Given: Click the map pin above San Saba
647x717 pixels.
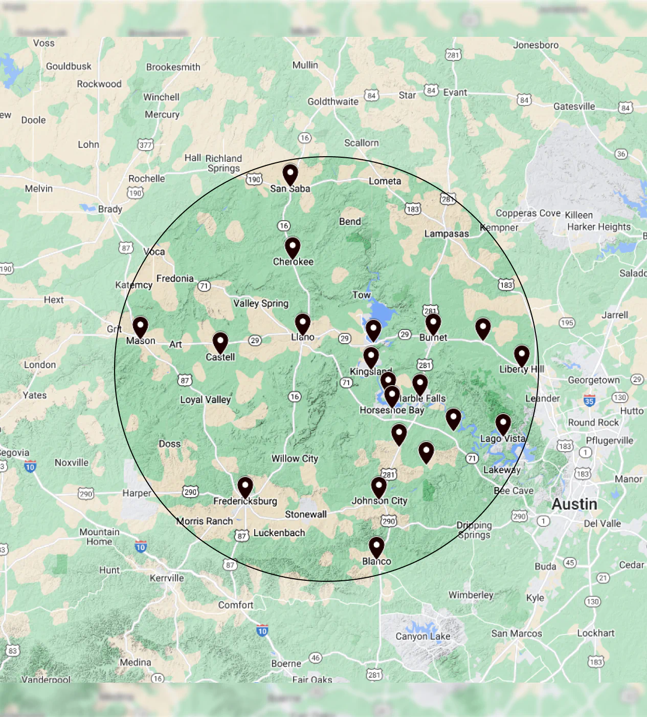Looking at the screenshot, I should (290, 174).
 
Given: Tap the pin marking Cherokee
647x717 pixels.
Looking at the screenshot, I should (293, 247).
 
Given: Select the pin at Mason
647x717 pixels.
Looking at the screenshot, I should (140, 327).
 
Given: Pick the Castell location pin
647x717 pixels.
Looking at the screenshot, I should (220, 342).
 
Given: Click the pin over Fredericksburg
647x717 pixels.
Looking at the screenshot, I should (245, 487).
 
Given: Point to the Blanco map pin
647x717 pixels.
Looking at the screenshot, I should (376, 546).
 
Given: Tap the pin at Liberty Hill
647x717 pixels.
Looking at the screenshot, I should (521, 355).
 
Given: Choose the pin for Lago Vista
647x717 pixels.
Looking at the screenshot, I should (503, 424).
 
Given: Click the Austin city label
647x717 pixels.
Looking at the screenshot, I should (574, 504).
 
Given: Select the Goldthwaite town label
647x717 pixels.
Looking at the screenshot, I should (333, 101).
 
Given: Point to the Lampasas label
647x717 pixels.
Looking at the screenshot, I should (447, 234).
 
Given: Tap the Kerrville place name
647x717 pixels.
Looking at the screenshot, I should (167, 578).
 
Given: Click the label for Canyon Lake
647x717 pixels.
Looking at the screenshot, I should (423, 636).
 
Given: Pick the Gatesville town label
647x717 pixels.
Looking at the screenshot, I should (574, 107).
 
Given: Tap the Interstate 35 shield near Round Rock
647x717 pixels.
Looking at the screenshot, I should (589, 401).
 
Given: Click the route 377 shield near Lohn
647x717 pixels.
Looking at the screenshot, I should (146, 145).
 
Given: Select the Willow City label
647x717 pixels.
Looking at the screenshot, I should (295, 458).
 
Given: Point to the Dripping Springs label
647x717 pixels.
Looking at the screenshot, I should (474, 530).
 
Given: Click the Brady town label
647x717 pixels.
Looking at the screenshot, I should (110, 209).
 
